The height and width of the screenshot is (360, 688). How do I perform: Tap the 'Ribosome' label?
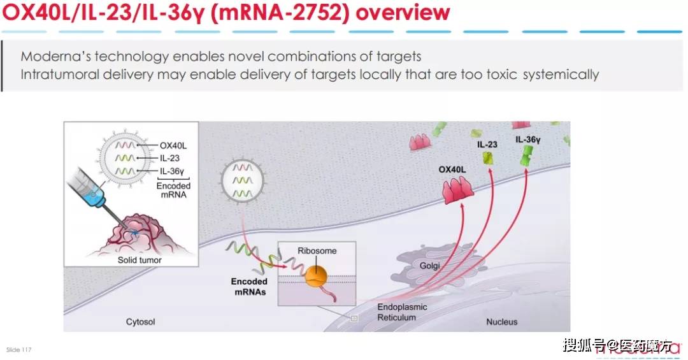(x=317, y=250)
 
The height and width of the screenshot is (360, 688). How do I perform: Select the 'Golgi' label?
(x=431, y=264)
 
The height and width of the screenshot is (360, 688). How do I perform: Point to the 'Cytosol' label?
(x=140, y=322)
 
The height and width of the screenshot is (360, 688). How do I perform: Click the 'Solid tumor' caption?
(x=140, y=260)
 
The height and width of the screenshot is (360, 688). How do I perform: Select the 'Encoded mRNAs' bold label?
(x=250, y=287)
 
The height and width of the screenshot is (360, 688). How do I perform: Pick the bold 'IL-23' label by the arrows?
(x=487, y=145)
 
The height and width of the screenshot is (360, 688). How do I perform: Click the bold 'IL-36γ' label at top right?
(x=528, y=139)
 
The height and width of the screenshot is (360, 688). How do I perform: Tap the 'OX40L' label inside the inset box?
(x=173, y=145)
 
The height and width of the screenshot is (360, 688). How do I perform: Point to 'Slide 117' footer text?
(x=18, y=350)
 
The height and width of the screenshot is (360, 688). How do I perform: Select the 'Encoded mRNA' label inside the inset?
(x=173, y=190)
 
